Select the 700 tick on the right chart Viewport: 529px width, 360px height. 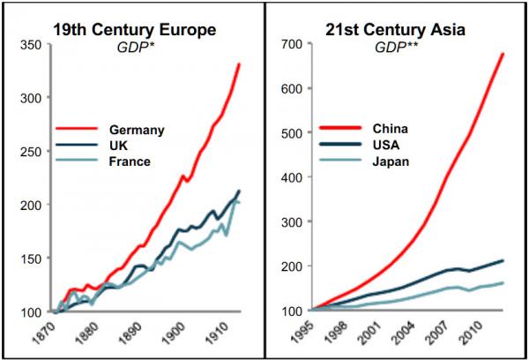(x=292, y=44)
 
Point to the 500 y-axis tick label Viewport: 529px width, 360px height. (x=292, y=133)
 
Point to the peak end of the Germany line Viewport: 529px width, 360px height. (x=239, y=64)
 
